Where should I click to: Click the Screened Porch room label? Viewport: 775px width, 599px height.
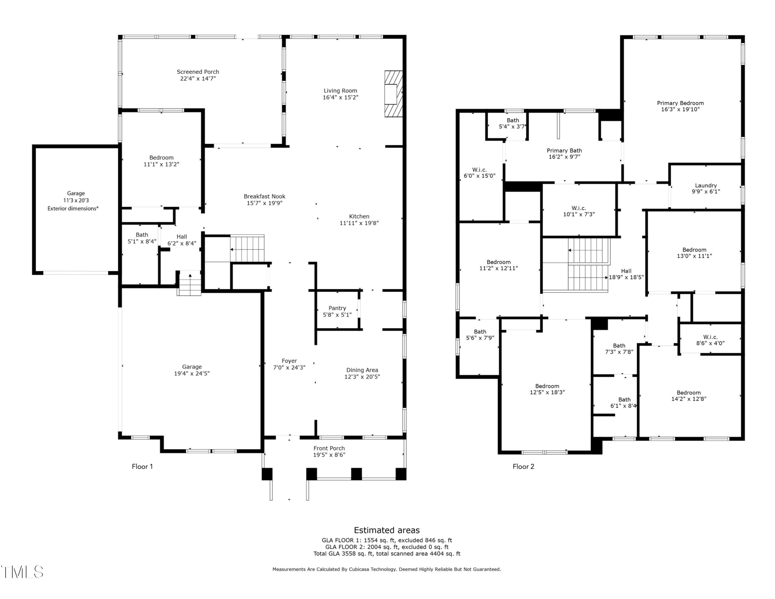click(x=198, y=72)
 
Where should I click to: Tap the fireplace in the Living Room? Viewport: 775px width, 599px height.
click(x=393, y=94)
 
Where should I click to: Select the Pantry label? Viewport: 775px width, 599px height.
click(x=337, y=308)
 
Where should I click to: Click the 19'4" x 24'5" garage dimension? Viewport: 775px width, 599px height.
click(x=192, y=373)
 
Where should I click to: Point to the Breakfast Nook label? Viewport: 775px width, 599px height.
click(x=264, y=196)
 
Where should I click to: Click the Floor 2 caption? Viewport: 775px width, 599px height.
click(x=523, y=466)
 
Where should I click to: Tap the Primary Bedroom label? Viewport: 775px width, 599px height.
click(x=680, y=103)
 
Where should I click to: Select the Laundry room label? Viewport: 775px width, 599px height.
click(x=706, y=185)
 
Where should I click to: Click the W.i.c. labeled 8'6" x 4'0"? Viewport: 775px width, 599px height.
click(x=710, y=340)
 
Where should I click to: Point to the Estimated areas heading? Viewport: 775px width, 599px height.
click(x=386, y=530)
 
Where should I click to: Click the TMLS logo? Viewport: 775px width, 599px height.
click(x=22, y=572)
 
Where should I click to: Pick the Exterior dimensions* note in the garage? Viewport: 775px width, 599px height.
click(x=73, y=208)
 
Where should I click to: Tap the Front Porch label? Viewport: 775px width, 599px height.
click(x=329, y=448)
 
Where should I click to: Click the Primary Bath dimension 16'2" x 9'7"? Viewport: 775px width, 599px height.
click(x=564, y=157)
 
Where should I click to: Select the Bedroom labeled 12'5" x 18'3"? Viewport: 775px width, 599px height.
click(x=547, y=389)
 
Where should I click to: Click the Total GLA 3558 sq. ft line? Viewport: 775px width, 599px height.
click(x=386, y=553)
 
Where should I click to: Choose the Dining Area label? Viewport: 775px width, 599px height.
click(x=362, y=370)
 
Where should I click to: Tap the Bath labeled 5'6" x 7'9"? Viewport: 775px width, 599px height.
click(x=480, y=335)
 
